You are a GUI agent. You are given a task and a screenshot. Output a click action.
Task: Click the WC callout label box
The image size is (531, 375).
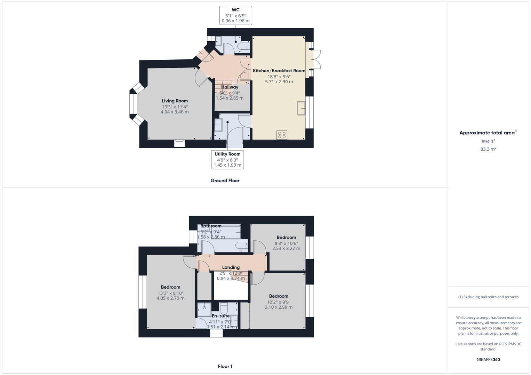pyautogui.click(x=236, y=15)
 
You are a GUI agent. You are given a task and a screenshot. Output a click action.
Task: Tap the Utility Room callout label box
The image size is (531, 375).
pyautogui.click(x=227, y=160)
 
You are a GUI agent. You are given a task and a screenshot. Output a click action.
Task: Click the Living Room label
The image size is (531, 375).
pyautogui.click(x=175, y=101)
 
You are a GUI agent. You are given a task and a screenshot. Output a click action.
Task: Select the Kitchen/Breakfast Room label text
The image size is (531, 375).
pyautogui.click(x=279, y=70)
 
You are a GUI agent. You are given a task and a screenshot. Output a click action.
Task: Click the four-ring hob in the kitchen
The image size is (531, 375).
pyautogui.click(x=282, y=135)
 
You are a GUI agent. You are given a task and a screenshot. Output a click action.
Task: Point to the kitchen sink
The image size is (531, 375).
pyautogui.click(x=301, y=108)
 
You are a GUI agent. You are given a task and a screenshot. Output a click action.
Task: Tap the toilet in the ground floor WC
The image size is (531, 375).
pyautogui.click(x=244, y=46)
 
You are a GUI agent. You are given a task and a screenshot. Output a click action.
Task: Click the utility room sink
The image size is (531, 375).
pyautogui.click(x=218, y=125)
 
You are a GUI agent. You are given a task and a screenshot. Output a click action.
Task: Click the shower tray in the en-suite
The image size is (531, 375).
pyautogui.click(x=204, y=308)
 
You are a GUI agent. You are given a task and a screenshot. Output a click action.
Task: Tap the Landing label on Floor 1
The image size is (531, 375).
pyautogui.click(x=231, y=267)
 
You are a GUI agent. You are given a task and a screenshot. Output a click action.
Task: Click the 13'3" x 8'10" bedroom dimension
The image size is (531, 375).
pyautogui.click(x=170, y=293)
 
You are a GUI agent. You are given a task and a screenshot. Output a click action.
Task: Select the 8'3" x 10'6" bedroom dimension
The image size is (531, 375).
pyautogui.click(x=286, y=243)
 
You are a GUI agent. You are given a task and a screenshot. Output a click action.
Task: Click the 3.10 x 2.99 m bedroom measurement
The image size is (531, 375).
pyautogui.click(x=279, y=307)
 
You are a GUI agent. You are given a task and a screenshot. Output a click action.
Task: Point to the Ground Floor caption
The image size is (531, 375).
pyautogui.click(x=225, y=181)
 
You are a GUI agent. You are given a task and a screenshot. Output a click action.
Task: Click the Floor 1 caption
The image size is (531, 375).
pyautogui.click(x=225, y=366)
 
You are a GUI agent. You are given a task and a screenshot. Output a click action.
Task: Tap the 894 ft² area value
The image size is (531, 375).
pyautogui.click(x=488, y=141)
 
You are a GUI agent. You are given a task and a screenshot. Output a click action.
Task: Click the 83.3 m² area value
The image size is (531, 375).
pyautogui.click(x=488, y=149)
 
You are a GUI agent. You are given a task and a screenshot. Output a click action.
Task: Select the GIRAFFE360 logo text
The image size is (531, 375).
pyautogui.click(x=488, y=359)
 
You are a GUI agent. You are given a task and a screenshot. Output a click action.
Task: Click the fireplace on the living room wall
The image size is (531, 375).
pyautogui.click(x=179, y=143)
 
